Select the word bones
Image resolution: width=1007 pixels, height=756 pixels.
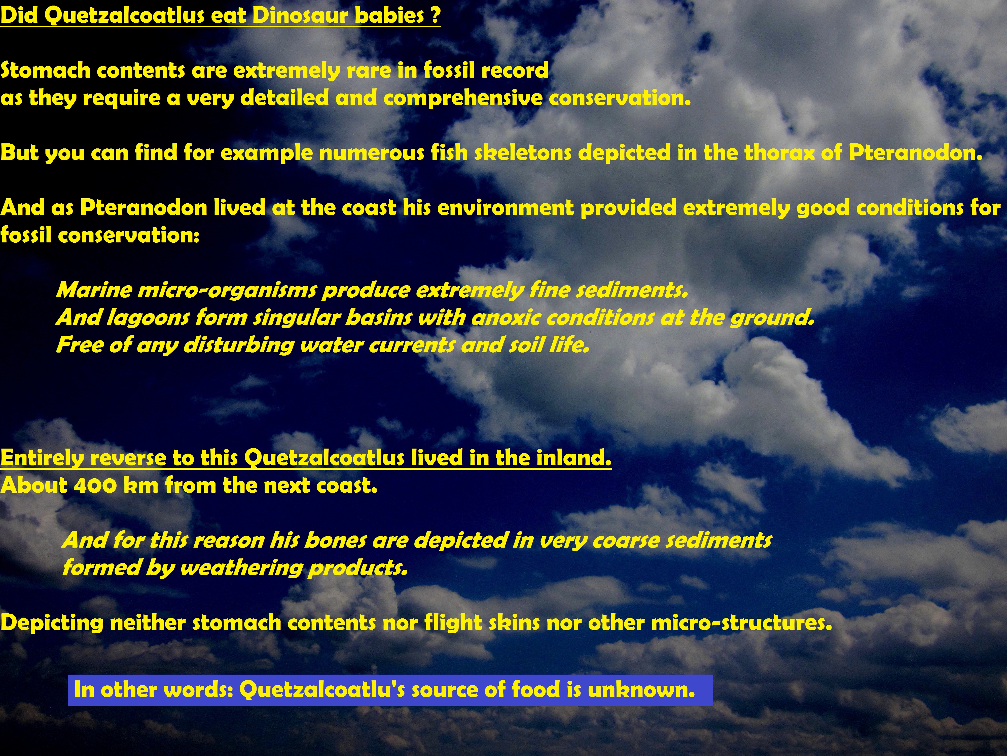coord(336,541)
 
